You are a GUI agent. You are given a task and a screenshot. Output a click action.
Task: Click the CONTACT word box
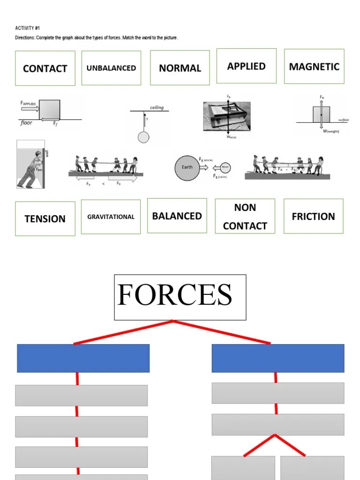pyautogui.click(x=45, y=68)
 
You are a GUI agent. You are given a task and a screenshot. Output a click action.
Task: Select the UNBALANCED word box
pyautogui.click(x=111, y=68)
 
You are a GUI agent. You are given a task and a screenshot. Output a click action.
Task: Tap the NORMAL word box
pyautogui.click(x=180, y=68)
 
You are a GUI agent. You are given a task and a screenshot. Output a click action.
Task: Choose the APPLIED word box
pyautogui.click(x=246, y=66)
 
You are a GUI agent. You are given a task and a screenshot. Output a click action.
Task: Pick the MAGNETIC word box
pyautogui.click(x=314, y=66)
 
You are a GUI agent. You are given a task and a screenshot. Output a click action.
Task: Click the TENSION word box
pyautogui.click(x=45, y=218)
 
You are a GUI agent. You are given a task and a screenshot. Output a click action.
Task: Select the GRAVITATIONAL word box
pyautogui.click(x=111, y=217)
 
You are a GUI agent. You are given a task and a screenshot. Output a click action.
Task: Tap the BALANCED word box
pyautogui.click(x=177, y=216)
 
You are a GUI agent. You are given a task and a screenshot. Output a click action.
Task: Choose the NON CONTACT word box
pyautogui.click(x=245, y=216)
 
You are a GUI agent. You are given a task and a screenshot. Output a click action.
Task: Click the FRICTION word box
pyautogui.click(x=313, y=216)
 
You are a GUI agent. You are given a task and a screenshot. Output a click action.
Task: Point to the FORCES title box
pyautogui.click(x=180, y=297)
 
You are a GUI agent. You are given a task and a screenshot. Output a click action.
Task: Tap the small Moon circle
pyautogui.click(x=225, y=167)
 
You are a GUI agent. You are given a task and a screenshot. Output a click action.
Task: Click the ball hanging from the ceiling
pyautogui.click(x=143, y=137)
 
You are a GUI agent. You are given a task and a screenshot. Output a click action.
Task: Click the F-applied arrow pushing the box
pyautogui.click(x=30, y=109)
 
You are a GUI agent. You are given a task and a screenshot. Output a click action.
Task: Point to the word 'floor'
pyautogui.click(x=26, y=123)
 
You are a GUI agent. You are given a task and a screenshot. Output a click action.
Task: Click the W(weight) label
pyautogui.click(x=330, y=131)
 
